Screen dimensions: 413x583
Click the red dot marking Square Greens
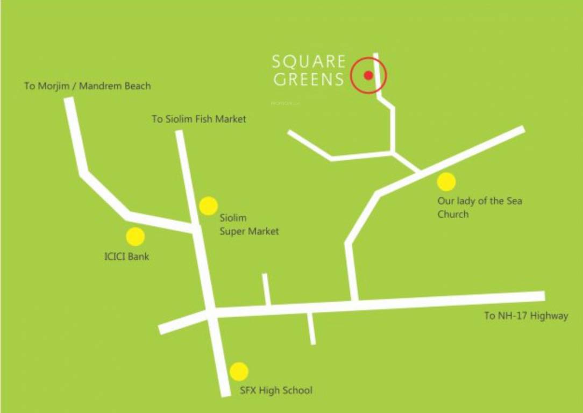368,75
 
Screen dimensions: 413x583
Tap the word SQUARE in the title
309,61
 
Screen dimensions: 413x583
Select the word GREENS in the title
309,80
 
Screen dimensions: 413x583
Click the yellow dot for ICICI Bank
135,237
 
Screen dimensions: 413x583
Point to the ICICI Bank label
126,257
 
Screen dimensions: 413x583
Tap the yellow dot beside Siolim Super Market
208,205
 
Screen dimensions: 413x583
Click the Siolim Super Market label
249,225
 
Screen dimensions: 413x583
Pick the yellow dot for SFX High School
239,372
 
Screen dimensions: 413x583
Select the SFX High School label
276,390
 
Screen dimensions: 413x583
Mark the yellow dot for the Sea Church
446,182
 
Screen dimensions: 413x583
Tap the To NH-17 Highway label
526,316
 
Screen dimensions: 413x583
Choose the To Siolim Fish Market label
198,119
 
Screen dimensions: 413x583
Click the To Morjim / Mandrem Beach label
88,86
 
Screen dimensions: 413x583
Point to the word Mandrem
101,86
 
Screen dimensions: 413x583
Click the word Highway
549,316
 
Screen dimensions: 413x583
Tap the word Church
453,214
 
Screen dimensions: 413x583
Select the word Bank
138,257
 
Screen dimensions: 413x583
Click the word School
297,390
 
